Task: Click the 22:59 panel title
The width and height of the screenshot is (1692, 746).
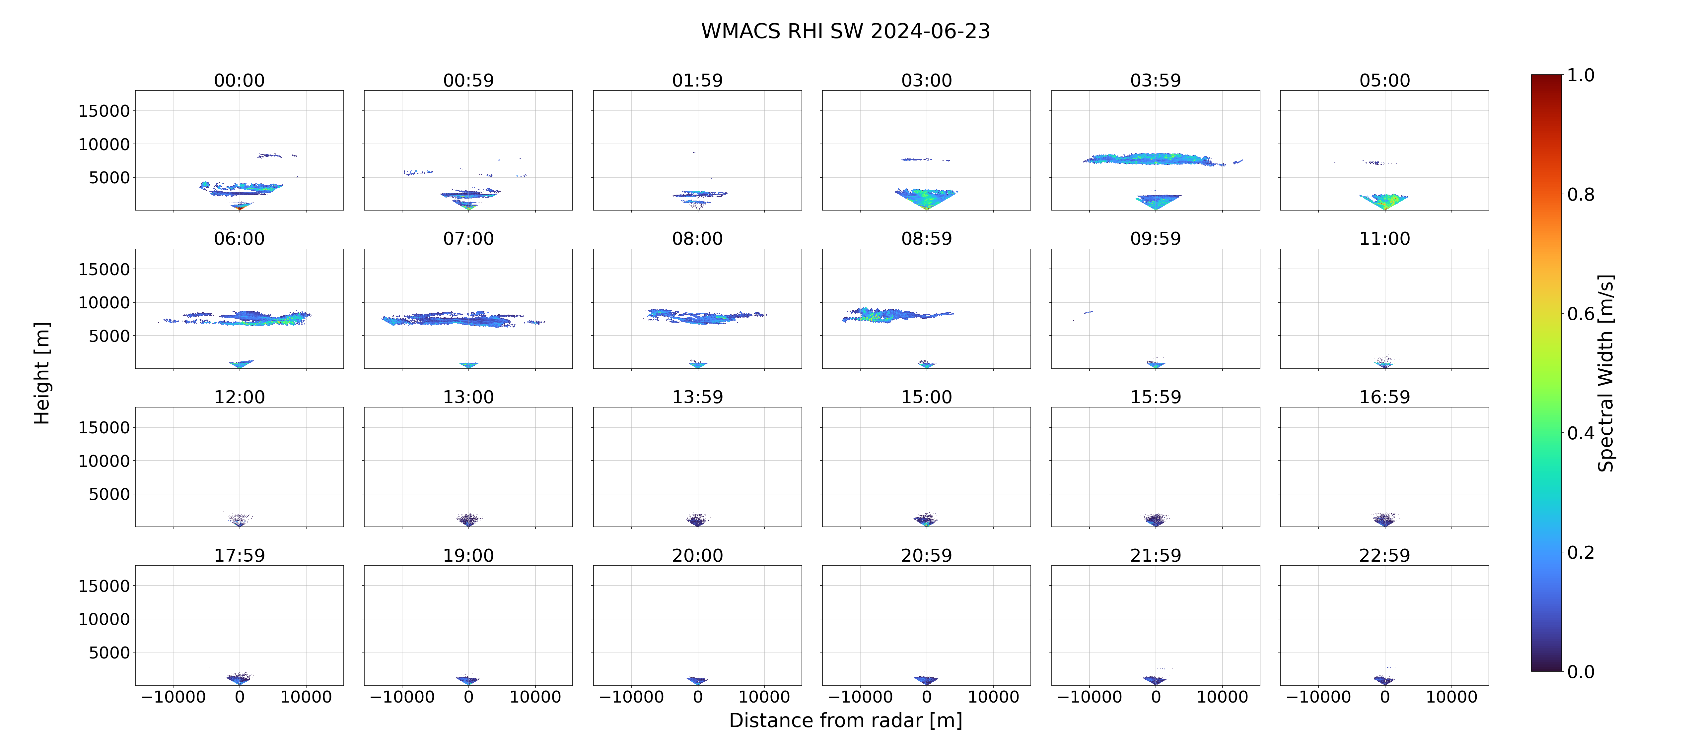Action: (x=1384, y=556)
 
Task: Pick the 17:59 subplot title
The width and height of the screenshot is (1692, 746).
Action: (x=240, y=556)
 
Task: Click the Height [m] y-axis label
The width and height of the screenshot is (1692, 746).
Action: (x=42, y=373)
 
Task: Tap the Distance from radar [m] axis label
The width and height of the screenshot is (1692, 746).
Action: (x=845, y=720)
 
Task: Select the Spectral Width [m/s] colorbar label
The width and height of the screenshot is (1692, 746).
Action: (x=1605, y=373)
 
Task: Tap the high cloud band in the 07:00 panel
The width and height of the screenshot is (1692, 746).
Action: (x=463, y=319)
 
